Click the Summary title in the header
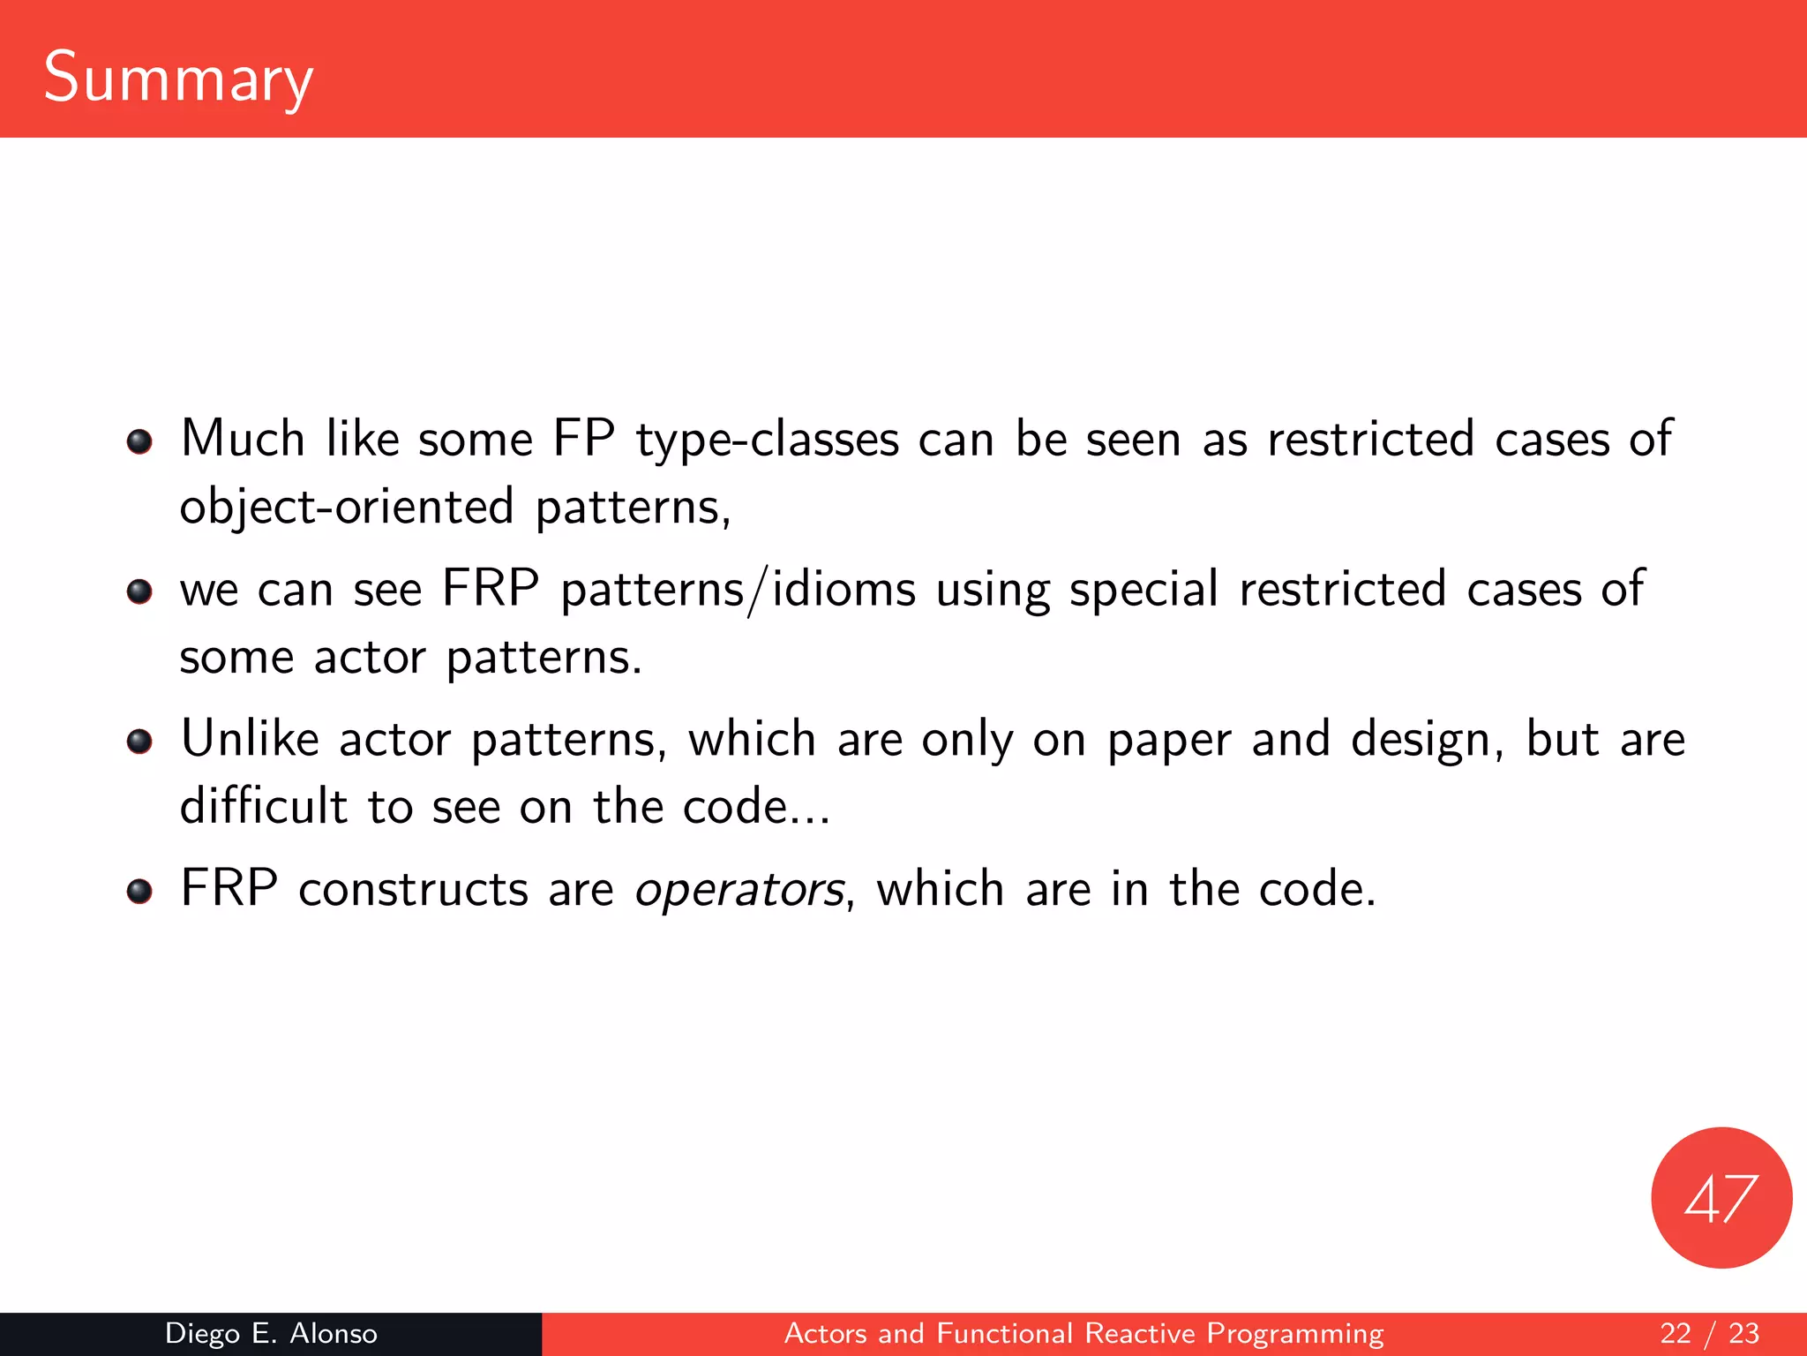tap(178, 78)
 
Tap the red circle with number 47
tap(1721, 1198)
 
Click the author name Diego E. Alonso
tap(271, 1333)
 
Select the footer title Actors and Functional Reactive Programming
tap(1083, 1333)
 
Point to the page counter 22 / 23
tap(1709, 1333)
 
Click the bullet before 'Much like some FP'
tap(139, 441)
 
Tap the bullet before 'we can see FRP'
tap(139, 591)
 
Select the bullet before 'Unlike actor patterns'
tap(139, 741)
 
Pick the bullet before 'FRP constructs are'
tap(139, 891)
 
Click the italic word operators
tap(739, 890)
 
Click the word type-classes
tap(767, 440)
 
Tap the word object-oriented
tap(346, 508)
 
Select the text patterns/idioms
tap(738, 590)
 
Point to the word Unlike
tap(250, 739)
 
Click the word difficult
tap(263, 807)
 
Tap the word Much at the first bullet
tap(243, 439)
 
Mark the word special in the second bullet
tap(1143, 590)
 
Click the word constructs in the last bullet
tap(413, 890)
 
